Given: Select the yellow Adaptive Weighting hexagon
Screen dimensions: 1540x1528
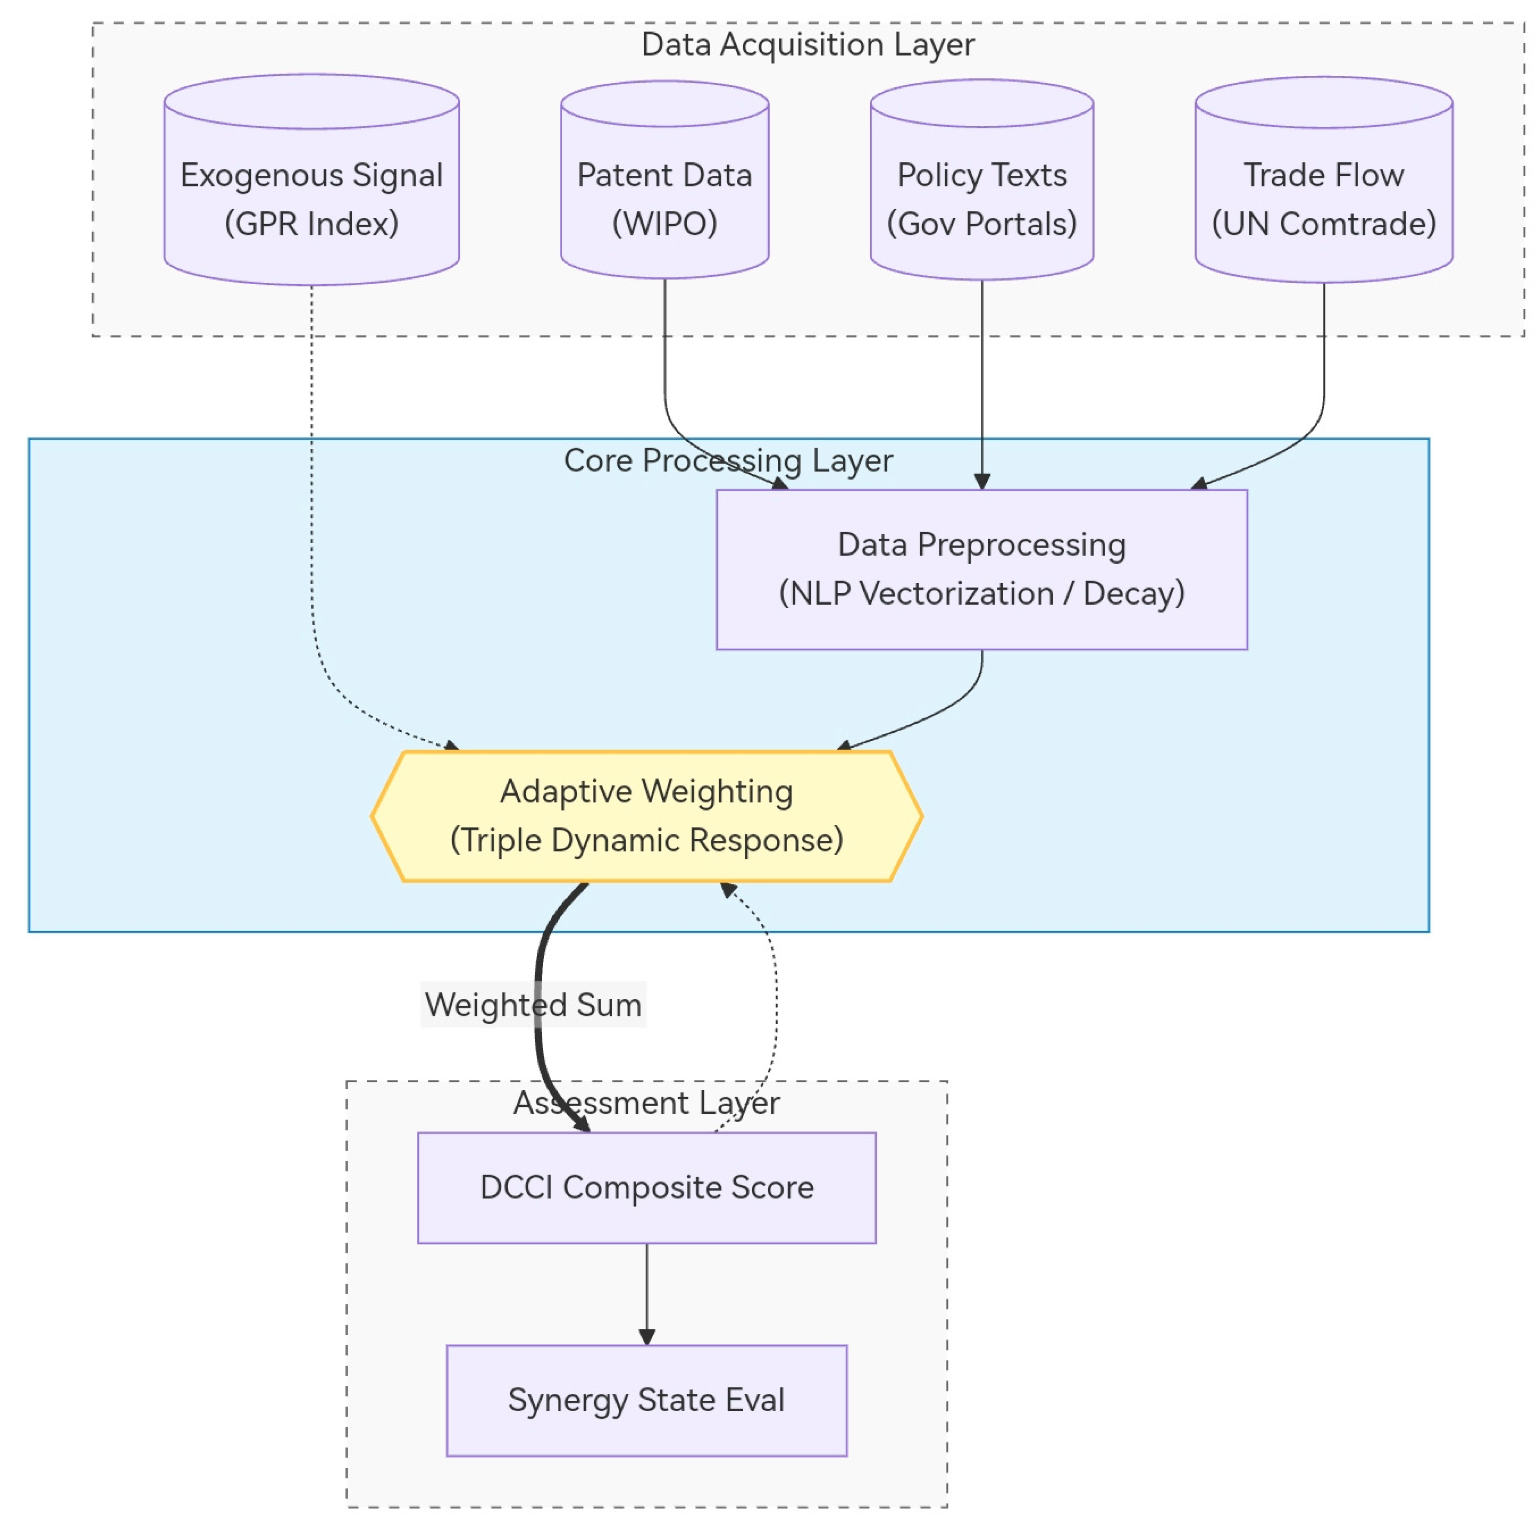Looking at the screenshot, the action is [646, 816].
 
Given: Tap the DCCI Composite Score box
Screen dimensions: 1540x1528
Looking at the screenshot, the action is [646, 1187].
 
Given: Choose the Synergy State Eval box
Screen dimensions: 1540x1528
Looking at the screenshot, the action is [646, 1400].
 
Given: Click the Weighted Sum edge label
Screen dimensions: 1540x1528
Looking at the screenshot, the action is [533, 1004].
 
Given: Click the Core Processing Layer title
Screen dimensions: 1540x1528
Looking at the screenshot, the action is [729, 461].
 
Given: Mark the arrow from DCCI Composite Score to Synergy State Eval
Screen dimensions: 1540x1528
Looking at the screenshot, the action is [646, 1294].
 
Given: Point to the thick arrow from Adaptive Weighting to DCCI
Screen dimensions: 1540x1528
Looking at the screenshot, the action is [539, 1006].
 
